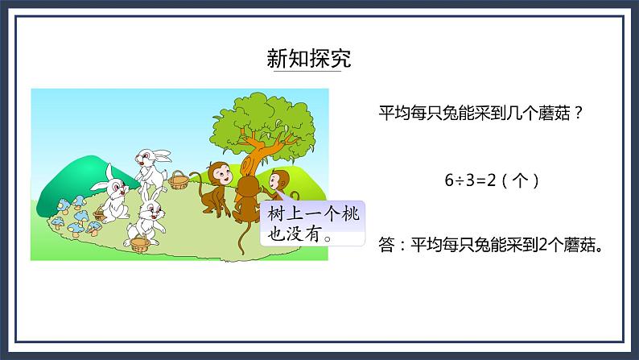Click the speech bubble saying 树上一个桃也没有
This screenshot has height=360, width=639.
[310, 224]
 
